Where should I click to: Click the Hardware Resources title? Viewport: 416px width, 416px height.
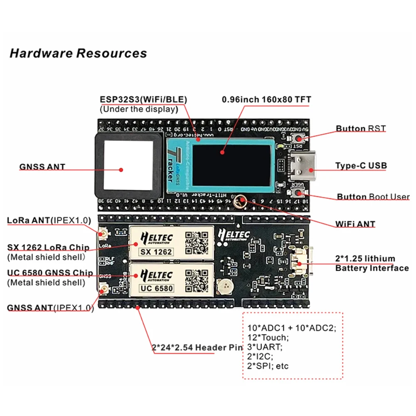pyautogui.click(x=78, y=54)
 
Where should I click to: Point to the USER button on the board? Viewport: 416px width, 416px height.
pyautogui.click(x=298, y=192)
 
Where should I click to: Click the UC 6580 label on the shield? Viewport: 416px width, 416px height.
pyautogui.click(x=156, y=288)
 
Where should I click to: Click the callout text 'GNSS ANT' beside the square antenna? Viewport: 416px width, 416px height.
pyautogui.click(x=42, y=167)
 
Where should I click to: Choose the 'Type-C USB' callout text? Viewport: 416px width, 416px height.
pyautogui.click(x=361, y=166)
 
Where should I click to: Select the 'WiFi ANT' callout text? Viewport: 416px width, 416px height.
pyautogui.click(x=355, y=224)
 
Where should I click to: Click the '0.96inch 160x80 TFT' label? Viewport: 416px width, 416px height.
pyautogui.click(x=266, y=100)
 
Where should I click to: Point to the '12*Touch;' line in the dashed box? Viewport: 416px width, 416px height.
pyautogui.click(x=267, y=337)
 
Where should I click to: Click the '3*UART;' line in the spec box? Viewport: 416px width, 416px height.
pyautogui.click(x=265, y=347)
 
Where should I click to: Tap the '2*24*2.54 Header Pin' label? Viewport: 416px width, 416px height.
pyautogui.click(x=197, y=347)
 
